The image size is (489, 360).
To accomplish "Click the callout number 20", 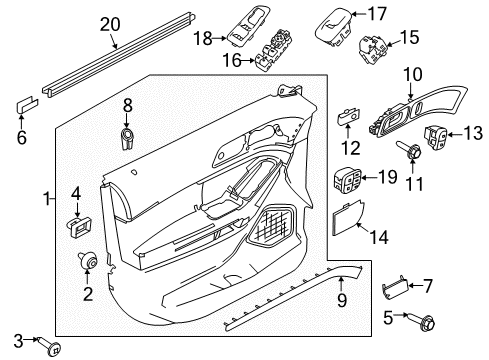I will [109, 24].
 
